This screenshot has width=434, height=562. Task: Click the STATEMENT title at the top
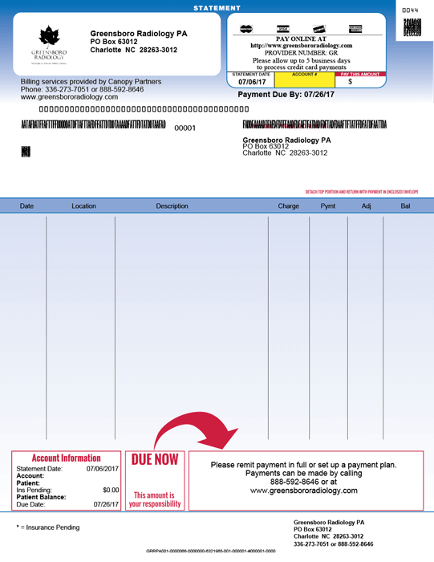(217, 8)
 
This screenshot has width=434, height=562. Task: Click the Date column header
(26, 206)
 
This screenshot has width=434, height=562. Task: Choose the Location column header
(83, 206)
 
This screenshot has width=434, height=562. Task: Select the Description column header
(172, 206)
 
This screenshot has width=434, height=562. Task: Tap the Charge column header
(288, 206)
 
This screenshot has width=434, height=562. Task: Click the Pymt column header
(328, 206)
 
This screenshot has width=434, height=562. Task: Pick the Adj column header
(367, 206)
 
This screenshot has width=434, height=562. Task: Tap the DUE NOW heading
(155, 460)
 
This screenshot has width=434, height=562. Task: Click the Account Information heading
(66, 458)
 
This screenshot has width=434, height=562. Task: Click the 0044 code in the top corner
(410, 10)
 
